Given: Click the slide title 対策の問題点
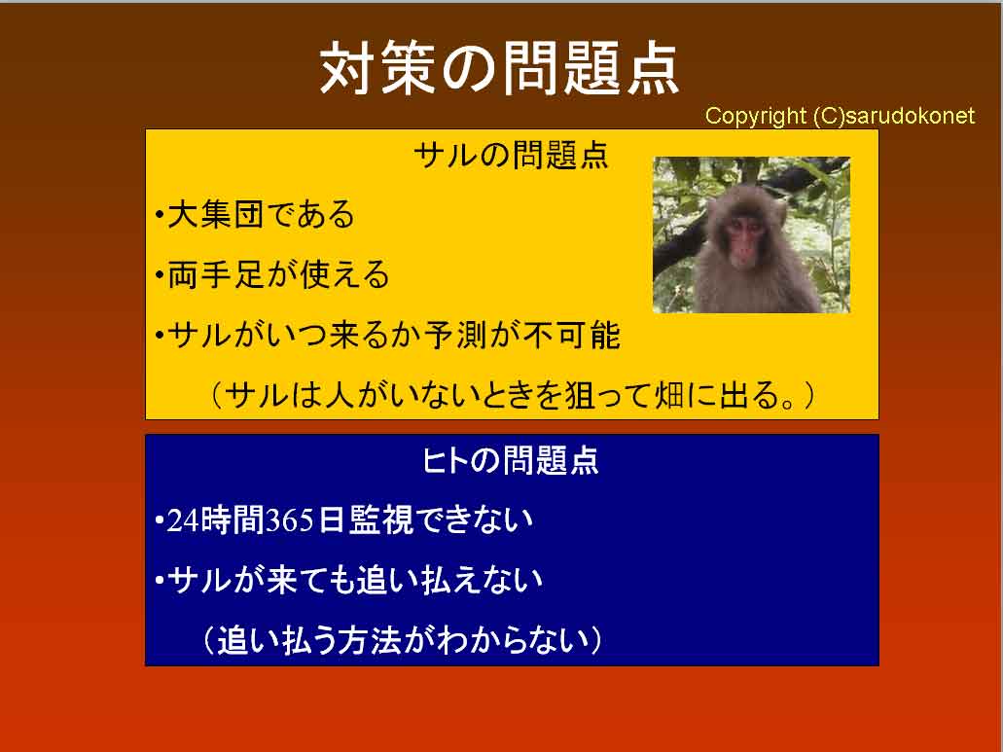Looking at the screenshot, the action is pyautogui.click(x=499, y=68).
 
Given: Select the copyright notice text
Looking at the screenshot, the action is pyautogui.click(x=840, y=116).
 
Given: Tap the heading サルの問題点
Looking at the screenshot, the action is pyautogui.click(x=511, y=156).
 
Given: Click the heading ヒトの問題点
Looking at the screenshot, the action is pyautogui.click(x=511, y=460).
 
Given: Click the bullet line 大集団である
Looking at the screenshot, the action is pyautogui.click(x=255, y=214).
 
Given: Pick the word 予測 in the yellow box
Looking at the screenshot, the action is pyautogui.click(x=455, y=335).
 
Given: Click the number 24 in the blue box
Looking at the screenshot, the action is pyautogui.click(x=183, y=520).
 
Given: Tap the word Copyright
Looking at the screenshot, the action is pyautogui.click(x=756, y=116).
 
